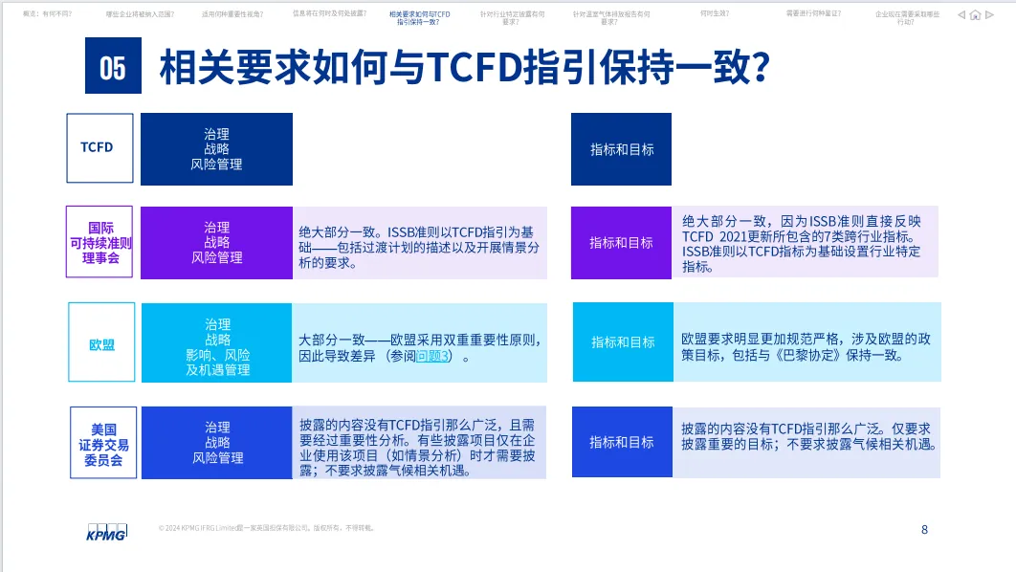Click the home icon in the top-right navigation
tap(975, 15)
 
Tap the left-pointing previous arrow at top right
tap(961, 15)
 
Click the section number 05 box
tap(113, 67)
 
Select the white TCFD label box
tap(99, 148)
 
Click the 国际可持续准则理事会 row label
tap(99, 242)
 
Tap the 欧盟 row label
tap(101, 344)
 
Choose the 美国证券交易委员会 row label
tap(103, 443)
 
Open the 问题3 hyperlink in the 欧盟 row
tap(432, 356)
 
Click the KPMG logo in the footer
tap(106, 531)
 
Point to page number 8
tap(924, 529)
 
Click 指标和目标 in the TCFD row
tap(622, 149)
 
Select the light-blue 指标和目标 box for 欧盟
tap(623, 341)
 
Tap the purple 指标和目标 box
tap(621, 243)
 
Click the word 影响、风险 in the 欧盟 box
tap(217, 355)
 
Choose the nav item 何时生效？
tap(714, 14)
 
